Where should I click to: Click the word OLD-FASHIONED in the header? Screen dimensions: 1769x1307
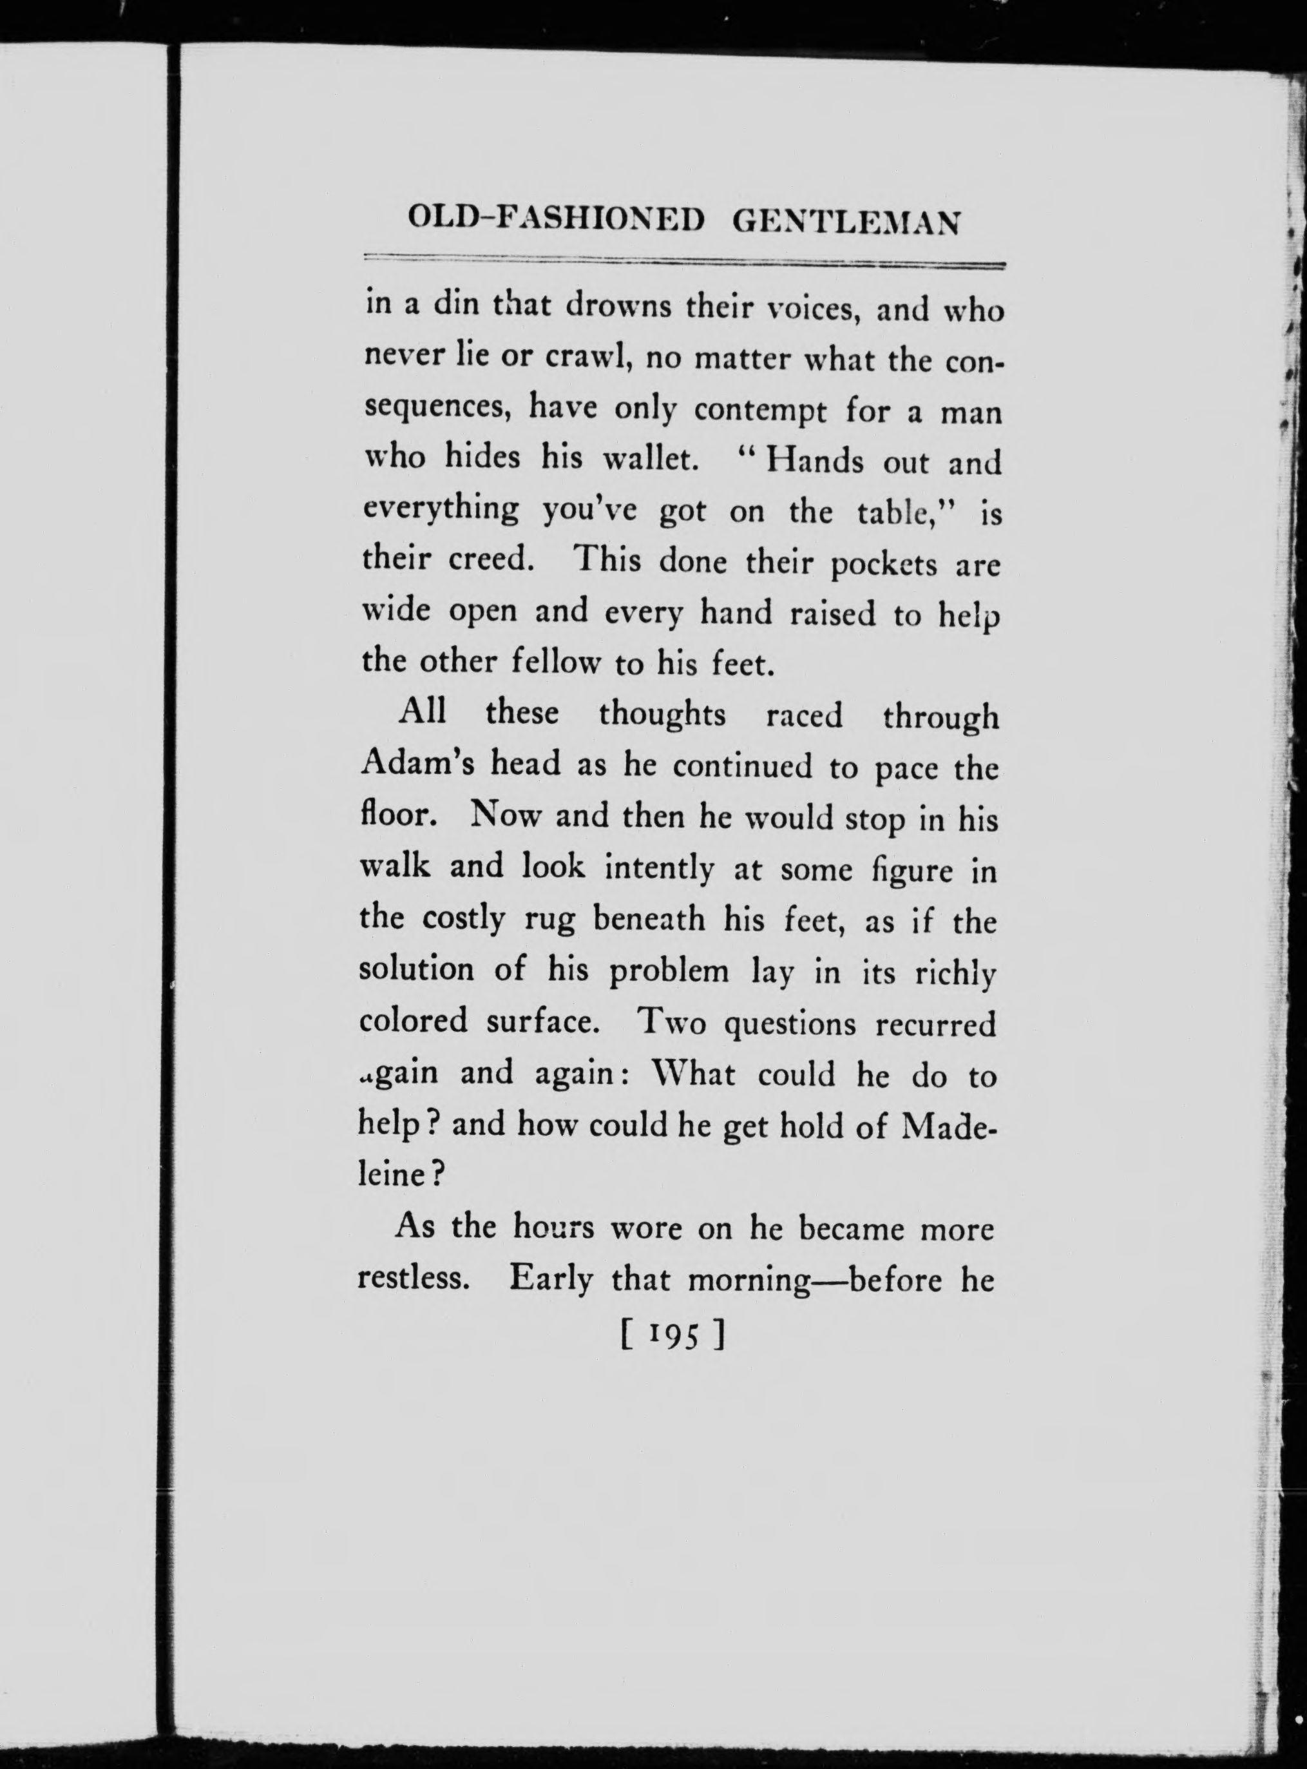[554, 222]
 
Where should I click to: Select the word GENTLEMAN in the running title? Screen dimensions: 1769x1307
[846, 222]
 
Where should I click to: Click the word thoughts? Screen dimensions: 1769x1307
[662, 717]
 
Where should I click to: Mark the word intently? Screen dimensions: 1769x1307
[659, 870]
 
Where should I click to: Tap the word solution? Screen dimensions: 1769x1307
[416, 970]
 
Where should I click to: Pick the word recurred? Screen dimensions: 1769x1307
[935, 1024]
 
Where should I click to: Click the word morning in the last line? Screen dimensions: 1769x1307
[749, 1280]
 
